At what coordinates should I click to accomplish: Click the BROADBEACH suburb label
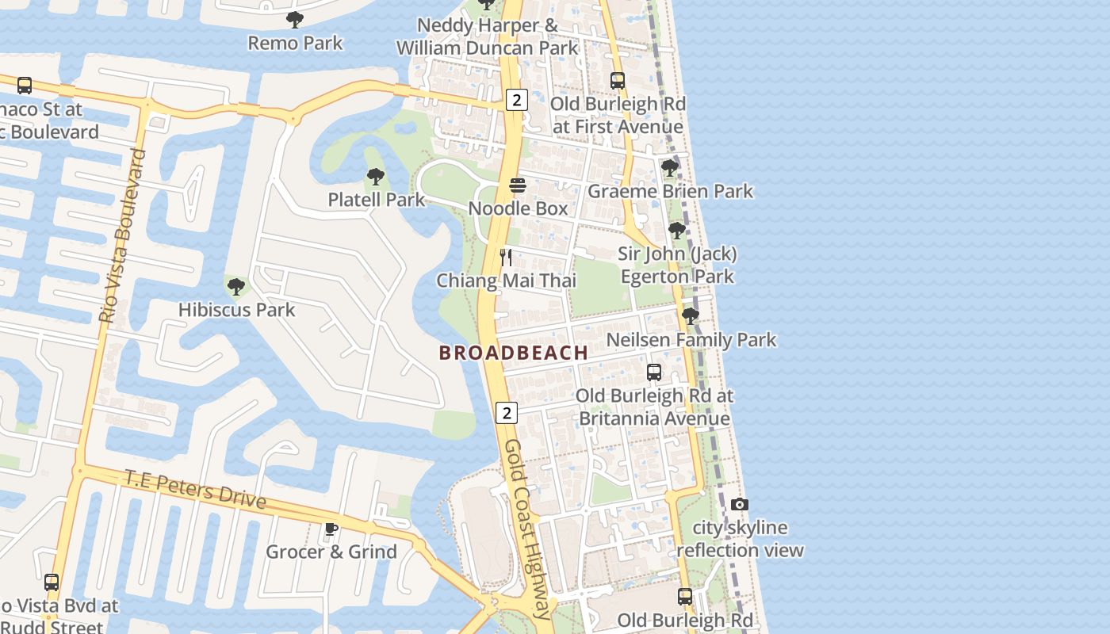coord(514,353)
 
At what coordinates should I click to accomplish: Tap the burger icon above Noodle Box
coord(518,185)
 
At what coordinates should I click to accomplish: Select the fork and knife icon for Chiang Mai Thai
coord(507,257)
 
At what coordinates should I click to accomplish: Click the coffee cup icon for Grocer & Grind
coord(331,529)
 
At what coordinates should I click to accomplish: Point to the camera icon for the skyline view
coord(739,504)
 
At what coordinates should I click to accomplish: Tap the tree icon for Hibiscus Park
coord(235,286)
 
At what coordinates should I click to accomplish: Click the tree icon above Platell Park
coord(376,177)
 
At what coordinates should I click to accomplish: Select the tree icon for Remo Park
coord(295,20)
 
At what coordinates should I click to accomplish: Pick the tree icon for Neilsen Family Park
coord(691,316)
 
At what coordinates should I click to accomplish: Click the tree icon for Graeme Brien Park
coord(670,168)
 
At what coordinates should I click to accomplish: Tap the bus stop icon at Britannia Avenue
coord(654,372)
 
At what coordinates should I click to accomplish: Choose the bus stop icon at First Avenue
coord(618,80)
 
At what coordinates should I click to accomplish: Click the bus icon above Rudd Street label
coord(52,582)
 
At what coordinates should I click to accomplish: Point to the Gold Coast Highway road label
coord(528,529)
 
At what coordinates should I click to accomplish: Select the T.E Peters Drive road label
coord(195,488)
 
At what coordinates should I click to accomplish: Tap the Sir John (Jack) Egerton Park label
coord(677,265)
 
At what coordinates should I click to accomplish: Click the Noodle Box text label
coord(518,208)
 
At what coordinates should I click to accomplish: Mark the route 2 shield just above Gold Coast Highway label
coord(507,412)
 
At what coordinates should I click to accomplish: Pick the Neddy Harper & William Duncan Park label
coord(488,36)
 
